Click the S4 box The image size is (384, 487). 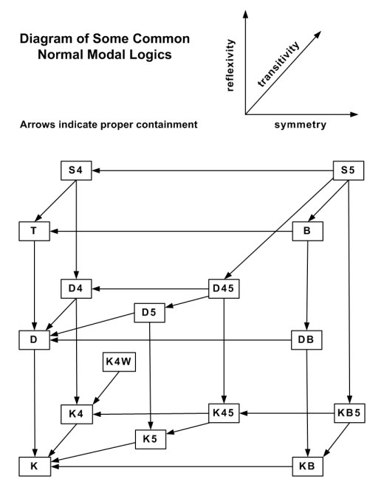tap(76, 170)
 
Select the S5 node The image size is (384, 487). tap(349, 170)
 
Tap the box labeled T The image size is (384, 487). tap(34, 231)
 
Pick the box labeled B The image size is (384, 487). tap(307, 231)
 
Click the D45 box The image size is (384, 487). tap(224, 289)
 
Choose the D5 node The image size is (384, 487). tap(150, 312)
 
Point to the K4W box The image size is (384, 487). tap(119, 362)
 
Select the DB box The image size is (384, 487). tap(306, 340)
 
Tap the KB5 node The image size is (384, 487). tap(349, 413)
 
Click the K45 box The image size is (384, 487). tap(224, 413)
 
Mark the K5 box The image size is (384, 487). tap(151, 439)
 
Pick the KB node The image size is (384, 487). tap(307, 466)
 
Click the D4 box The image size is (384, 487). tap(76, 289)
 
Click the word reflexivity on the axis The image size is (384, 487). tap(230, 65)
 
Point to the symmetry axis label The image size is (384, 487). tap(301, 125)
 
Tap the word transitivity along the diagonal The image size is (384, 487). tap(279, 64)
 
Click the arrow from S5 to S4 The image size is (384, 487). tap(213, 170)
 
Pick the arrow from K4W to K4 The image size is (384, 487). tap(106, 388)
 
